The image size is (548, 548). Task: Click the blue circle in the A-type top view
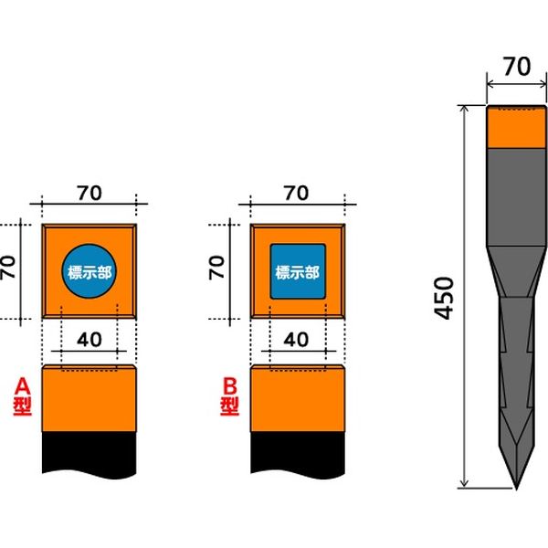[90, 271]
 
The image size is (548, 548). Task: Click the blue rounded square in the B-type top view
[298, 271]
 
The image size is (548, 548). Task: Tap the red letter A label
[23, 386]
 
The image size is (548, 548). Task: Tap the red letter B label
[230, 386]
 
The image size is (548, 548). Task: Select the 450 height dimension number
[444, 298]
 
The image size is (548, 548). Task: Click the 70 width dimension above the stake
[517, 67]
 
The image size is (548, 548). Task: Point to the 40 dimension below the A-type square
[90, 340]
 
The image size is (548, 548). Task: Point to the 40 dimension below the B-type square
[296, 340]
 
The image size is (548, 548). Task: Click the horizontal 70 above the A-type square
[90, 193]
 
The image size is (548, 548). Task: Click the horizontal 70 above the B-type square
[296, 193]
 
